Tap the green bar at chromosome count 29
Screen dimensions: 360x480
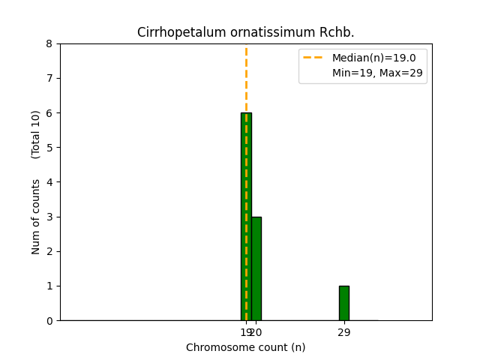pos(343,303)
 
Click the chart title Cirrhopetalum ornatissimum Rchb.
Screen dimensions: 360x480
pos(246,33)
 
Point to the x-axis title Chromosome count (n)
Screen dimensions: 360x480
pos(246,347)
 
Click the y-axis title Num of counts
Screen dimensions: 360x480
pos(36,216)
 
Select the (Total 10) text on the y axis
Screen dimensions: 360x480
pos(36,134)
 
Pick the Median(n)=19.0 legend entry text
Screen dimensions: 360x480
pos(368,58)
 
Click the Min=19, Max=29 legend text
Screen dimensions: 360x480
pos(368,73)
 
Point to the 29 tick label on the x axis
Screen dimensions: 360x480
pos(343,332)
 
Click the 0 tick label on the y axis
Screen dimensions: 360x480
pos(49,321)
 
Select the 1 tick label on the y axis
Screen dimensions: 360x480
pos(49,286)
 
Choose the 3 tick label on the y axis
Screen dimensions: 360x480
pos(49,217)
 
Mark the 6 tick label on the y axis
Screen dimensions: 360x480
pos(49,113)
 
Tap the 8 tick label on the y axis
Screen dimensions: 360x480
pos(49,44)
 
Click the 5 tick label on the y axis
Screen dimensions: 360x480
pos(49,148)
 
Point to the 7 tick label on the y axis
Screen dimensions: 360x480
pos(49,79)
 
